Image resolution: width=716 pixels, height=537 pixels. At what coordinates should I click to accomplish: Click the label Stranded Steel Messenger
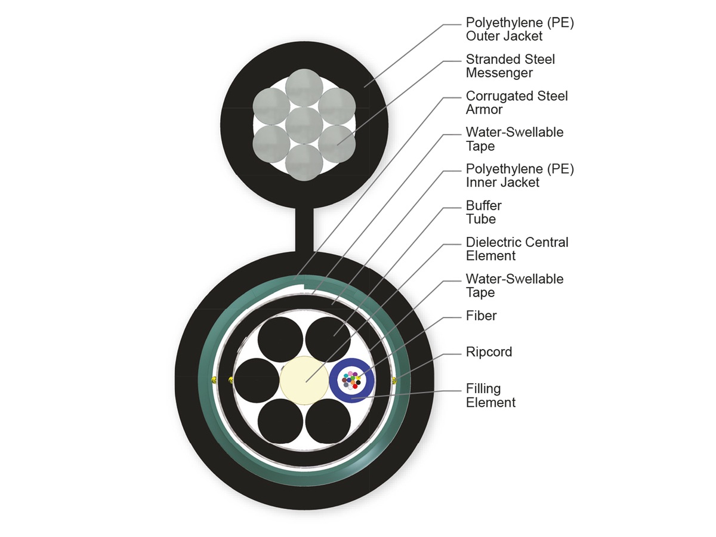(510, 66)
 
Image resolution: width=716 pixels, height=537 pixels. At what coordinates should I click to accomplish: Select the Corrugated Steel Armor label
(516, 103)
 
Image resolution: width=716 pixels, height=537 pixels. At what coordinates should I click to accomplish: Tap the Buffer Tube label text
(483, 212)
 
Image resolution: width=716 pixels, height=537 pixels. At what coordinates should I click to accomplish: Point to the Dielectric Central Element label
(517, 249)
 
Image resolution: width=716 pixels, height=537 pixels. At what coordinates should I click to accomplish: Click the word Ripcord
(489, 352)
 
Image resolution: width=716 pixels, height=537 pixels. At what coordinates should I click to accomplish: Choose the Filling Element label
(490, 396)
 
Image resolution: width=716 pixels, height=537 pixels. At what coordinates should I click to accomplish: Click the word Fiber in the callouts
(481, 316)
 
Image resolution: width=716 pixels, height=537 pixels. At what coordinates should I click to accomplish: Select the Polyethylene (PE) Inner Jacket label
(519, 175)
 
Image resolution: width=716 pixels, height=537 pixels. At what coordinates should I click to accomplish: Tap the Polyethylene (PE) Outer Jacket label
(519, 29)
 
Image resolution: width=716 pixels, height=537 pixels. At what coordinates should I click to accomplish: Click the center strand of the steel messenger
(304, 125)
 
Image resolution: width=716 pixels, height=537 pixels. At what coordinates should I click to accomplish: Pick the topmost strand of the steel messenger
(304, 89)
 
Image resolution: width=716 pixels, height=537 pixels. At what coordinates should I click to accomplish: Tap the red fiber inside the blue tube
(355, 386)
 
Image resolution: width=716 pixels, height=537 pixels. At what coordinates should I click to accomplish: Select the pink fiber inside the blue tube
(351, 374)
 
